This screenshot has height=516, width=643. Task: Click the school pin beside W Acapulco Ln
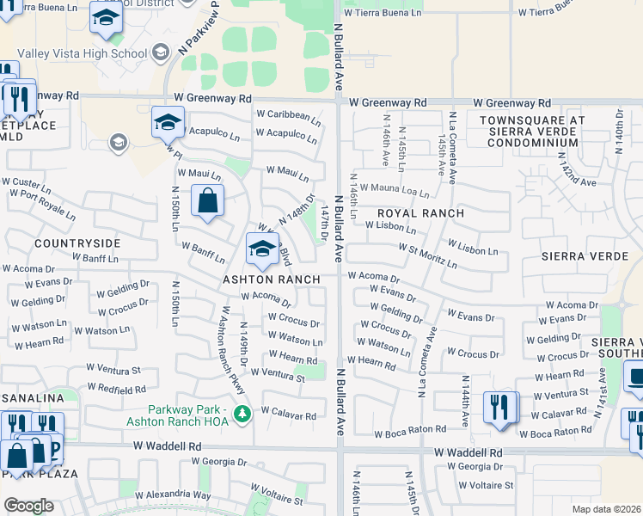pos(168,122)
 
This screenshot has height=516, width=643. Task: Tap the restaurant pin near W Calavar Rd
pos(500,406)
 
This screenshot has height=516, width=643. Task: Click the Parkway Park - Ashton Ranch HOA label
pos(183,415)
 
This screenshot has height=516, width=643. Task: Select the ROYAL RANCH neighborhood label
pos(421,213)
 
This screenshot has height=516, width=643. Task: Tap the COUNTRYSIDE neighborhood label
pos(71,244)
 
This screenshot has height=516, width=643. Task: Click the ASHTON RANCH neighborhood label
pos(271,279)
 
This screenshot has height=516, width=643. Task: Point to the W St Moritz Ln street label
pos(426,255)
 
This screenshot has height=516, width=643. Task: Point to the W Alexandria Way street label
pos(178,494)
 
